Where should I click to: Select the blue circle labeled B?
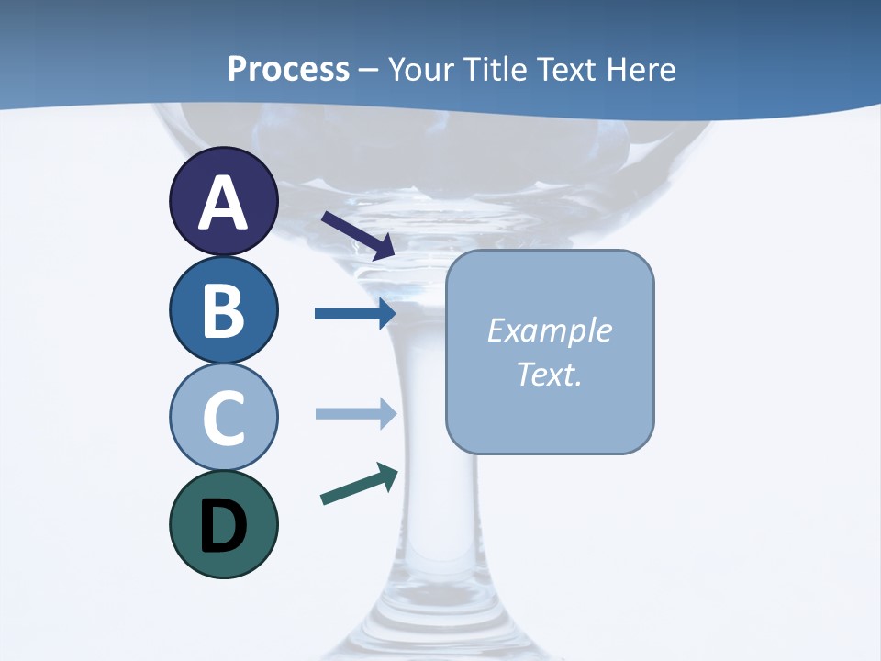coord(223,309)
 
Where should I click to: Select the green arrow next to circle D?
coord(359,484)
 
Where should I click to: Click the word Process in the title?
coord(288,69)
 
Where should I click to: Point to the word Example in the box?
coord(549,330)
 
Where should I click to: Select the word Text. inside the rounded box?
coord(549,374)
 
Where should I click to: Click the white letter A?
coord(223,204)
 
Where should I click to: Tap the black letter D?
coord(223,526)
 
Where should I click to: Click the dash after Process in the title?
coord(369,70)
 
